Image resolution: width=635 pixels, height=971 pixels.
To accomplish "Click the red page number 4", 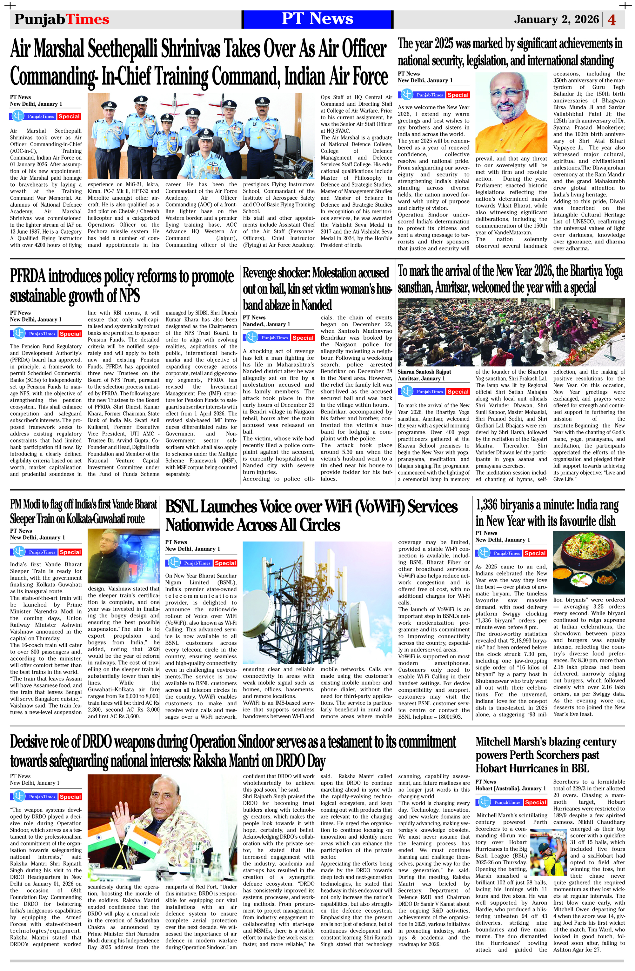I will click(x=612, y=20).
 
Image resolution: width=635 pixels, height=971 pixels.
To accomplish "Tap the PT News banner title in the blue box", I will click(x=317, y=19).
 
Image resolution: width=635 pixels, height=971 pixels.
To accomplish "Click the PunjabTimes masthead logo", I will click(x=62, y=19).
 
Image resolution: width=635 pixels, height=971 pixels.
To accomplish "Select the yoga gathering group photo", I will click(x=511, y=332).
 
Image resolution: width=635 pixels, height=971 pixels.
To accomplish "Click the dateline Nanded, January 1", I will click(x=266, y=324).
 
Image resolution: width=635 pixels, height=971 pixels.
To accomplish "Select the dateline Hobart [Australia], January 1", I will click(x=510, y=788).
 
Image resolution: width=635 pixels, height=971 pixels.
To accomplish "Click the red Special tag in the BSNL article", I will click(x=225, y=563).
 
